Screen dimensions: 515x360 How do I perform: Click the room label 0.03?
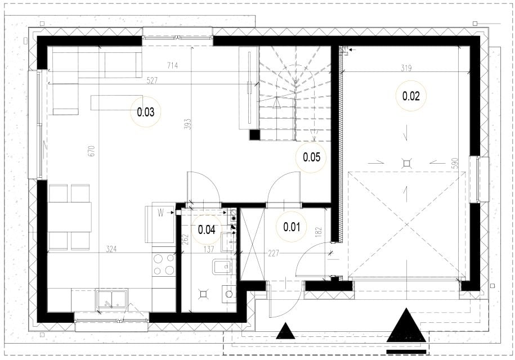146,112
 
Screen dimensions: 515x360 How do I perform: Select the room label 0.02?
411,96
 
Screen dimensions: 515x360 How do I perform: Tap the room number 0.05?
311,157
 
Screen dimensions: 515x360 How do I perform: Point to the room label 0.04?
207,229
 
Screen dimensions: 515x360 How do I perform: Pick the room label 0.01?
292,227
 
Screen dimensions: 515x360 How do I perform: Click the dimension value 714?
172,66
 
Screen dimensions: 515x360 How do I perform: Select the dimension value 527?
152,81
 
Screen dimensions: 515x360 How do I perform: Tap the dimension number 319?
406,68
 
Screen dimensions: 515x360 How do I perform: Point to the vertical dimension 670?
92,151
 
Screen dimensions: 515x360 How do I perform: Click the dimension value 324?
111,249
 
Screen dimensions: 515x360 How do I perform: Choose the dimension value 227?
274,253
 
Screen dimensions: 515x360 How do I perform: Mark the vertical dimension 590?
455,164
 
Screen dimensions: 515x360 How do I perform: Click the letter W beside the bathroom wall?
160,213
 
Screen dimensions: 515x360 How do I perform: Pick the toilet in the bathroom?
222,267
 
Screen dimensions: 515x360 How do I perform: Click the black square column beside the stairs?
254,134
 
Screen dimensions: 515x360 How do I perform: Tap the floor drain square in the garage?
407,163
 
